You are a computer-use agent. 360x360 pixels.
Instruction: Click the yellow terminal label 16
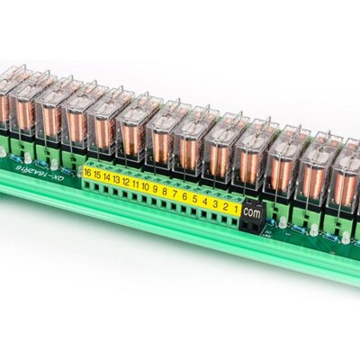click(87, 172)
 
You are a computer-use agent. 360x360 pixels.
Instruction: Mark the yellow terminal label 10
click(145, 186)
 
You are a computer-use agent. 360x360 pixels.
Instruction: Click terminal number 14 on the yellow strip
click(106, 176)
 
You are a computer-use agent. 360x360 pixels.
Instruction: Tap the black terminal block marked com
click(254, 214)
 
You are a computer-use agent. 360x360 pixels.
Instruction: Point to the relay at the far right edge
click(346, 175)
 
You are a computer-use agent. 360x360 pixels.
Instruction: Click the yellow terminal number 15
click(96, 174)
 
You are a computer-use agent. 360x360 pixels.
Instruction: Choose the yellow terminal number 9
click(155, 189)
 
